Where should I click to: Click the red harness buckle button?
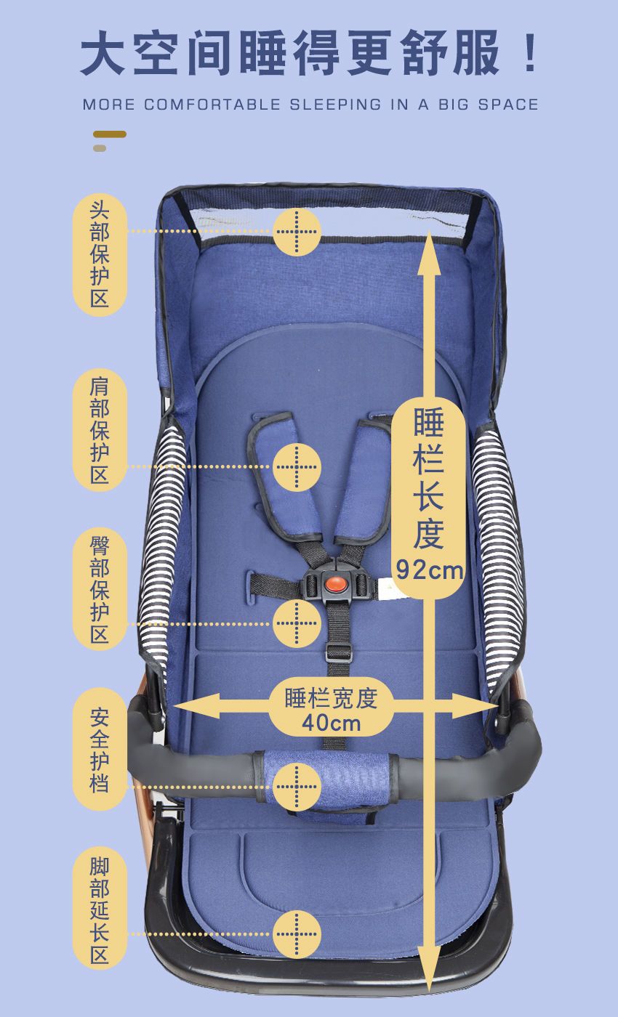click(336, 583)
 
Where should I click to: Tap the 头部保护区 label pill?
click(100, 255)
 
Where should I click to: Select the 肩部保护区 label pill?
click(100, 430)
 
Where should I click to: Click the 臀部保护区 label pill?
click(100, 589)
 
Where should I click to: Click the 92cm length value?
click(430, 570)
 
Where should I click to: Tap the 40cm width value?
click(332, 723)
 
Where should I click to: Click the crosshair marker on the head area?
click(297, 232)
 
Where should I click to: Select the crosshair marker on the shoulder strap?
click(297, 466)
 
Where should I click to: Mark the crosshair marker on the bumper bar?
click(297, 787)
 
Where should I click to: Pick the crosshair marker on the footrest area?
click(297, 934)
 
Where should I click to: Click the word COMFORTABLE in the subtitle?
click(212, 105)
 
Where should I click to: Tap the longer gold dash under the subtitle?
click(110, 134)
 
